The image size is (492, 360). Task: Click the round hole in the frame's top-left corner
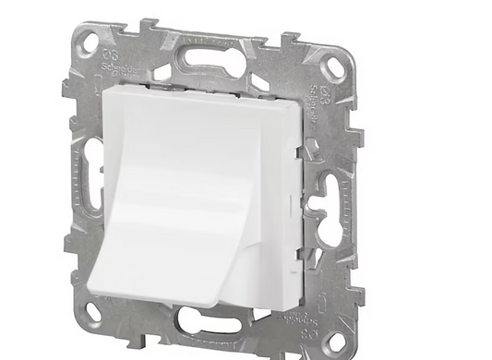(89, 42)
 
